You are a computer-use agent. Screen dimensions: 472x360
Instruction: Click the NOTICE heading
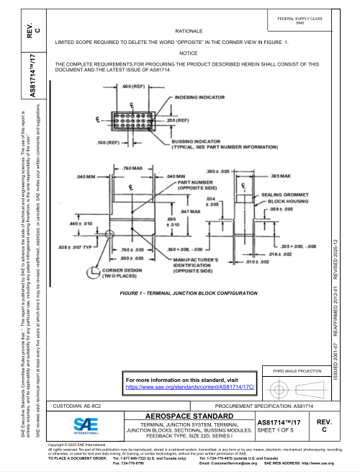point(189,53)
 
